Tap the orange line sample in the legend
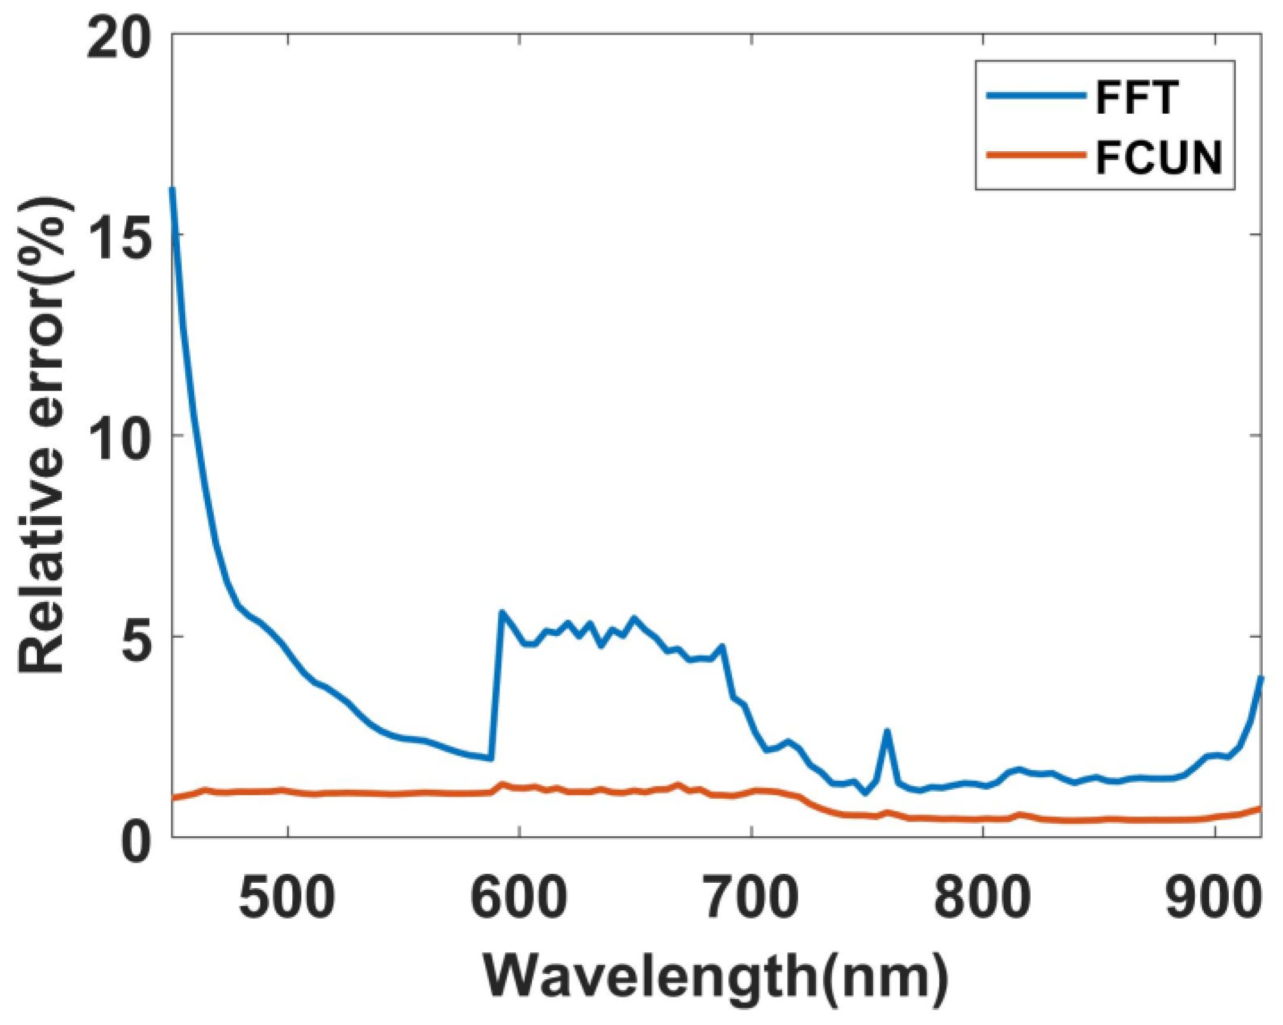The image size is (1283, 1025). click(1035, 155)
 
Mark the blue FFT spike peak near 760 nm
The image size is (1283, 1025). click(886, 731)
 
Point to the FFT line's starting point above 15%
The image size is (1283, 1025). click(173, 189)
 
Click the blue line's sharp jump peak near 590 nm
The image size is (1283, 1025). click(502, 612)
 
